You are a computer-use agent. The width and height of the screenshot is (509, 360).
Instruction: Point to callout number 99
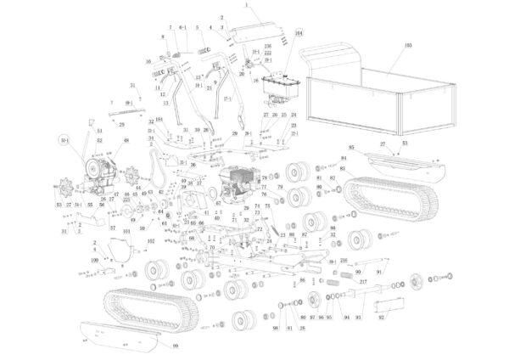[176, 346]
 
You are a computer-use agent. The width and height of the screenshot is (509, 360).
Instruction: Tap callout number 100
[95, 259]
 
